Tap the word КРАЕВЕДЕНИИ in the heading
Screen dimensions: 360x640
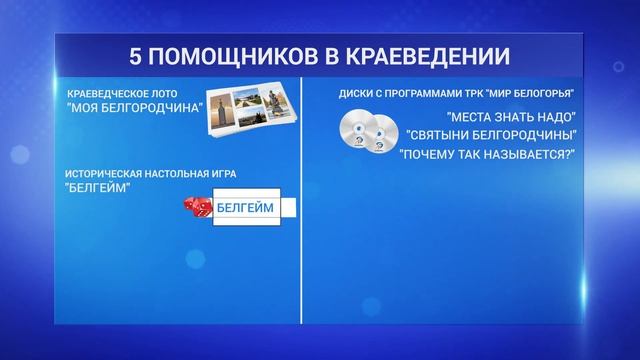[423, 54]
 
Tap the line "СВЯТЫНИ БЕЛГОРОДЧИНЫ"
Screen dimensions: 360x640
[493, 135]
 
